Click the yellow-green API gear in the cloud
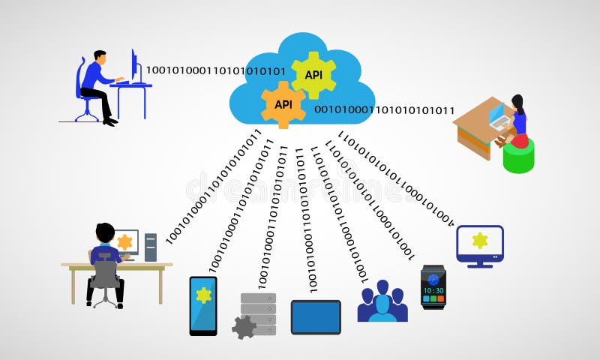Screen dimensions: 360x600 (x=313, y=75)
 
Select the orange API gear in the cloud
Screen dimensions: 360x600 (x=283, y=104)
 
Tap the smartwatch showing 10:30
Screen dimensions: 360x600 (x=433, y=287)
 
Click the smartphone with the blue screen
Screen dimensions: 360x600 (x=203, y=305)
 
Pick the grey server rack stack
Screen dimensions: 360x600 (x=259, y=311)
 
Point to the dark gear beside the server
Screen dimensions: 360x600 (x=242, y=326)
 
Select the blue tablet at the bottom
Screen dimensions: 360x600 (x=316, y=316)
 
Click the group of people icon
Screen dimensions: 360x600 (x=382, y=302)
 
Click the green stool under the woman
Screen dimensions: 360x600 (x=518, y=155)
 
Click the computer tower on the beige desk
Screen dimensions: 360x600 (x=151, y=247)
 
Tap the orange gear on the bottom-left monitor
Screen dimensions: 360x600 (x=124, y=242)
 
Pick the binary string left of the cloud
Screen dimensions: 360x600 (x=215, y=70)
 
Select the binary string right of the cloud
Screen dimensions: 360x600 (x=384, y=110)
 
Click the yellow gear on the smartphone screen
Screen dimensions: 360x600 (x=203, y=295)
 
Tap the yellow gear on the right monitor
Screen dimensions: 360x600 (x=480, y=240)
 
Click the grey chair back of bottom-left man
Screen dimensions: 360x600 (x=106, y=271)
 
